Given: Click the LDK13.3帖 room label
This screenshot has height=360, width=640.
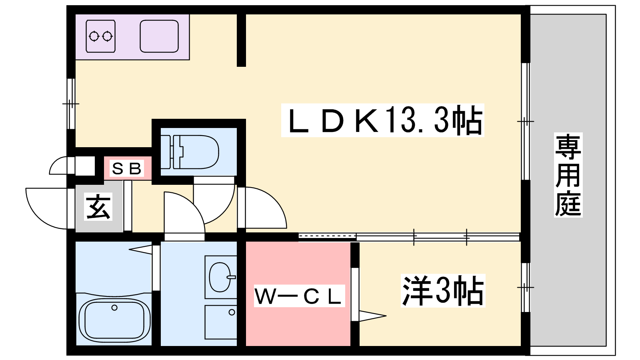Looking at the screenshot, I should (382, 120).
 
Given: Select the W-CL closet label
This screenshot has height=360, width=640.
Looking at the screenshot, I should (299, 296).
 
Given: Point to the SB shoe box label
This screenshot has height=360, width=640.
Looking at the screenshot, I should (127, 169).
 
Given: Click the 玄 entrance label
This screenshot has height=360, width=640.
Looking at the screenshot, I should (98, 206).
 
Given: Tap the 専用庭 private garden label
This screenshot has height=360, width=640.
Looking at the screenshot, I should (568, 175).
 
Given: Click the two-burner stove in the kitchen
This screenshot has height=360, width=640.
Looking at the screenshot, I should (101, 36).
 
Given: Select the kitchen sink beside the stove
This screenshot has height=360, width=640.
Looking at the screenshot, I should (159, 36).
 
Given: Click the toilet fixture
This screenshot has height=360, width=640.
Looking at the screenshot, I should (196, 152).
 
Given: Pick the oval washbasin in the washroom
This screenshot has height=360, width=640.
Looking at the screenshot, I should (220, 277).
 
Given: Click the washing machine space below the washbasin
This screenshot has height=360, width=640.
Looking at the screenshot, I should (221, 322).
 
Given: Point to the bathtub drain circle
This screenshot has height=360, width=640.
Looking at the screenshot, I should (114, 308).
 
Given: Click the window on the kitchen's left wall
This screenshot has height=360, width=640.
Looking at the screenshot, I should (71, 104).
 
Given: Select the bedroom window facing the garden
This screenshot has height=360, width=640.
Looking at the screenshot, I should (526, 287).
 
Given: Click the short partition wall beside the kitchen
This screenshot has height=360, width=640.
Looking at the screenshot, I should (241, 40).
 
